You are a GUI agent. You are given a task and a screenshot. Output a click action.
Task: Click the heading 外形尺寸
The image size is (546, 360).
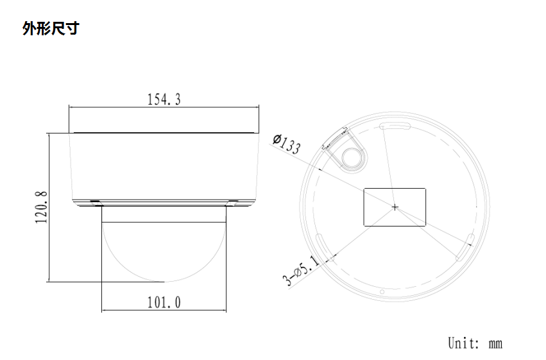pyautogui.click(x=50, y=28)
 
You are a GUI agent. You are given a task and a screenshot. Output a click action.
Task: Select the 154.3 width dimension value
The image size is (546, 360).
pyautogui.click(x=164, y=99)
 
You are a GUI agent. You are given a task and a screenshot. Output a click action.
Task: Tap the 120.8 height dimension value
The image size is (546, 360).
pyautogui.click(x=41, y=206)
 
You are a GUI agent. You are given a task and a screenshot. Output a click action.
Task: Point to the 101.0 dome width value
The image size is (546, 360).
pyautogui.click(x=164, y=302)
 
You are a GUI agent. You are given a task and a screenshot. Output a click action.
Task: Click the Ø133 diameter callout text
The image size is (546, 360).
pyautogui.click(x=286, y=144)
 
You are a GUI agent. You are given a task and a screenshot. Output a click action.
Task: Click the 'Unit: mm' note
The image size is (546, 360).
pyautogui.click(x=474, y=343)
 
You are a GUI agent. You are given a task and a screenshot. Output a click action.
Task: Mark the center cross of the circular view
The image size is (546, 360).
pyautogui.click(x=395, y=207)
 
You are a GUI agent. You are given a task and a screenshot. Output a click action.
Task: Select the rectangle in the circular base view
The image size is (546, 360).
pyautogui.click(x=395, y=207)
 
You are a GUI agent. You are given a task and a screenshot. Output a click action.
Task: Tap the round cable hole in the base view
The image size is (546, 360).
pyautogui.click(x=352, y=156)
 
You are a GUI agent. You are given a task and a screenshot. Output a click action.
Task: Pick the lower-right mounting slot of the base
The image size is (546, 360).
pyautogui.click(x=465, y=248)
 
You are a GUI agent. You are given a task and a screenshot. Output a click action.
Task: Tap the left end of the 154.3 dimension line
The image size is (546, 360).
pyautogui.click(x=69, y=108)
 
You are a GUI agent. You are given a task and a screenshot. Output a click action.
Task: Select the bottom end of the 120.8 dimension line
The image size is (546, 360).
pyautogui.click(x=49, y=281)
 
